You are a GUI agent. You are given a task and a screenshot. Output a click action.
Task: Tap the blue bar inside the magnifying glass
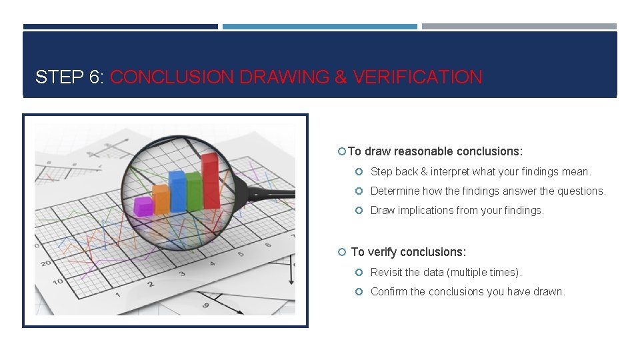tap(177, 192)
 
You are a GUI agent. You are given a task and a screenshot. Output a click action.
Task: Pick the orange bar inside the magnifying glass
tap(161, 199)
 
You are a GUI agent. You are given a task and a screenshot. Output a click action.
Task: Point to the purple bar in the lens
tap(143, 206)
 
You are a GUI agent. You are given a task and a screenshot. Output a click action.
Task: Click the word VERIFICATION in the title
tap(417, 77)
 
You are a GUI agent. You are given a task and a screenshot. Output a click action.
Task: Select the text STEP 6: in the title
tap(69, 77)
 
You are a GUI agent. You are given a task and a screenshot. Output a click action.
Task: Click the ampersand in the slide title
tap(341, 77)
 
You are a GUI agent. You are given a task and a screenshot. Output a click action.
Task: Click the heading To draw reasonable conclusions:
tap(435, 151)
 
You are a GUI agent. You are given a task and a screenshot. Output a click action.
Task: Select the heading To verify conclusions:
tap(408, 252)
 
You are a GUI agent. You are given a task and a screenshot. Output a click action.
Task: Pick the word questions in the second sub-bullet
tap(581, 191)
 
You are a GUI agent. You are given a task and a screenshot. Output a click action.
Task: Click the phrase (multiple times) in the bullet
tap(484, 273)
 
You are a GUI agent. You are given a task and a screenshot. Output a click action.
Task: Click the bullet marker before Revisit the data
tap(359, 273)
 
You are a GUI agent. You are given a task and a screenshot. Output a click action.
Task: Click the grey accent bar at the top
tap(519, 27)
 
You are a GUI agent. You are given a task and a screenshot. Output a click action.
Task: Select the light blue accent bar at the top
tap(319, 27)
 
